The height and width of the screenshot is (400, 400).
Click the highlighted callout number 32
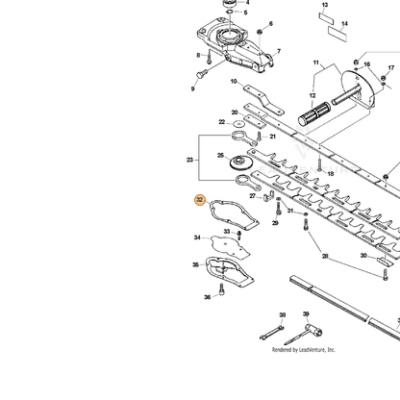point(200,200)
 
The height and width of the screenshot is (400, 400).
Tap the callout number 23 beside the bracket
point(189,160)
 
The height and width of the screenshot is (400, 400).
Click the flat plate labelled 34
point(230,246)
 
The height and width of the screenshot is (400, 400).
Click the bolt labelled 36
point(221,289)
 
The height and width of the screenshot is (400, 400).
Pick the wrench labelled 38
point(272,333)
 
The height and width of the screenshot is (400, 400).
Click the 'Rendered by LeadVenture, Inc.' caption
point(304,350)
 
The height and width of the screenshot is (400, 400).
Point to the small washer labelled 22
point(237,123)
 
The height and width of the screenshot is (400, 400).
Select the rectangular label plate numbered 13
point(326,18)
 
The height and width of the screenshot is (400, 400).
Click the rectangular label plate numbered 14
point(337,34)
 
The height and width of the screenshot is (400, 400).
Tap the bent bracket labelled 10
point(263,100)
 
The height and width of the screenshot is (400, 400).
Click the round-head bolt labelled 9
point(201,74)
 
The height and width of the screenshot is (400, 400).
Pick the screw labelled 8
point(209,57)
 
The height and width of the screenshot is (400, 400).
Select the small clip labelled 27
point(269,196)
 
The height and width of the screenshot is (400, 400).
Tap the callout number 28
point(325,256)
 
